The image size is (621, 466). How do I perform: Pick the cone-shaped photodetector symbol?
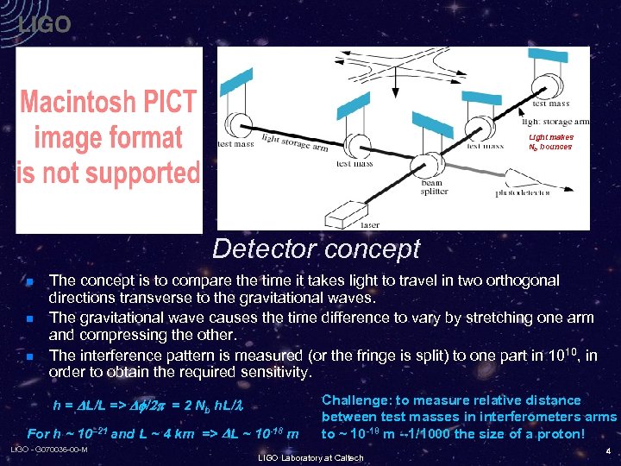(x=488, y=177)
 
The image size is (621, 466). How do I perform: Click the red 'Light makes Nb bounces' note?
(x=550, y=142)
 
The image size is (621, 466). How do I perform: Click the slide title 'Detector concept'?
(x=316, y=249)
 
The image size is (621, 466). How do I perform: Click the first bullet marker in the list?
(x=28, y=282)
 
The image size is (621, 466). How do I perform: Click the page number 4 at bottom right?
(x=607, y=450)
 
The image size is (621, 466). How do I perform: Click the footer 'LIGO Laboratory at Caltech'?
(x=310, y=457)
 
